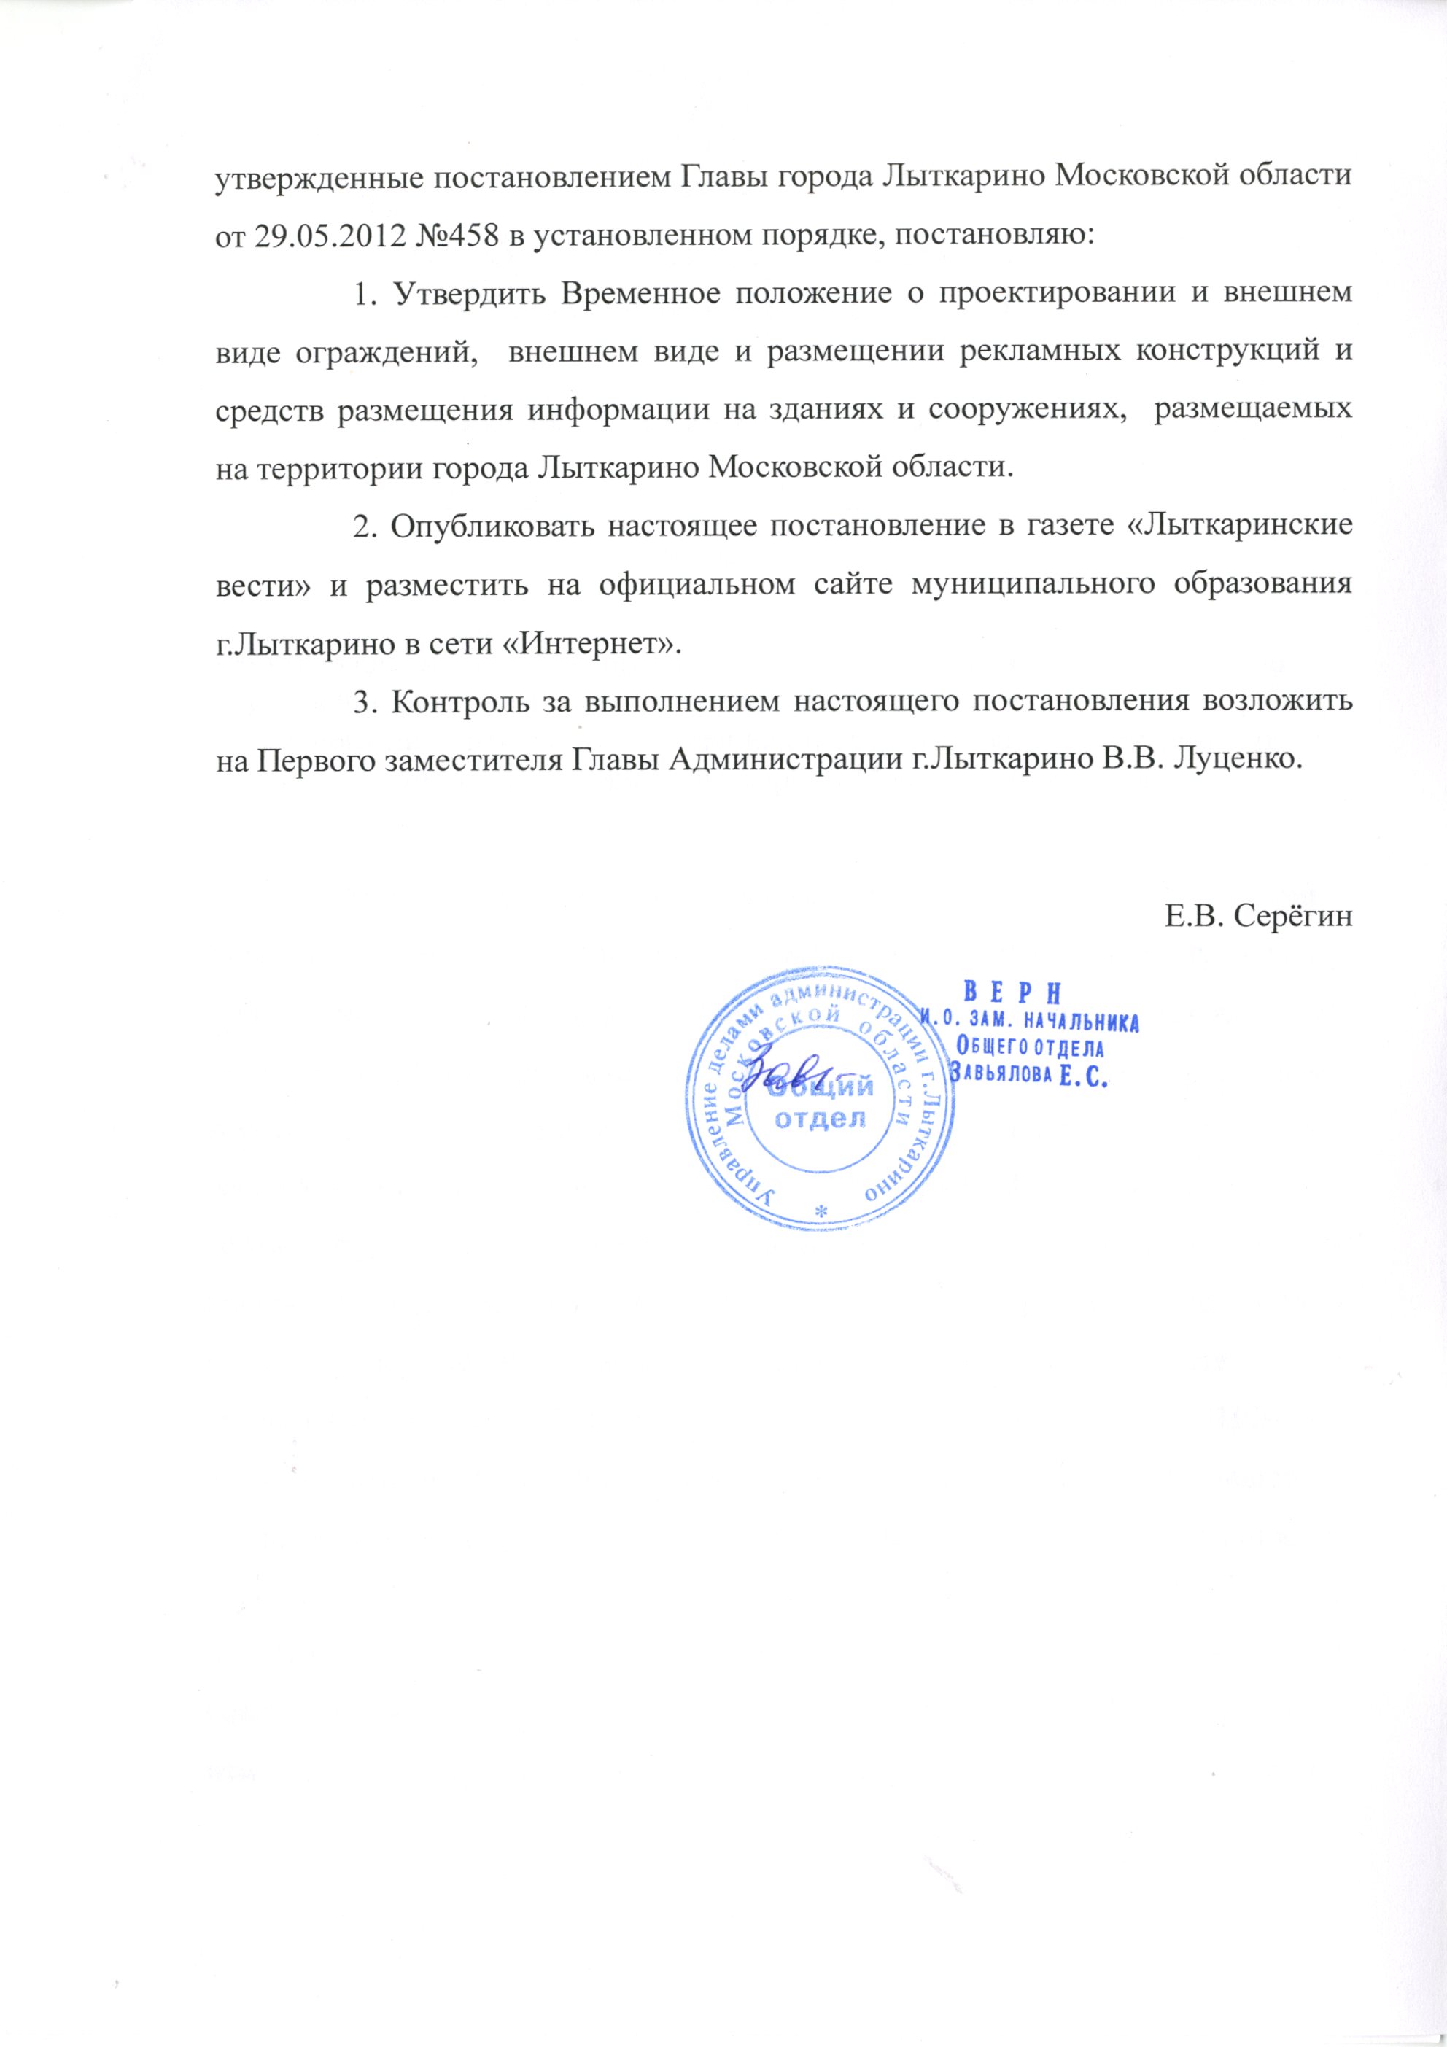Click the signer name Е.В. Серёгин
click(x=1258, y=916)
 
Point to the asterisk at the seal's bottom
click(x=821, y=1209)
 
